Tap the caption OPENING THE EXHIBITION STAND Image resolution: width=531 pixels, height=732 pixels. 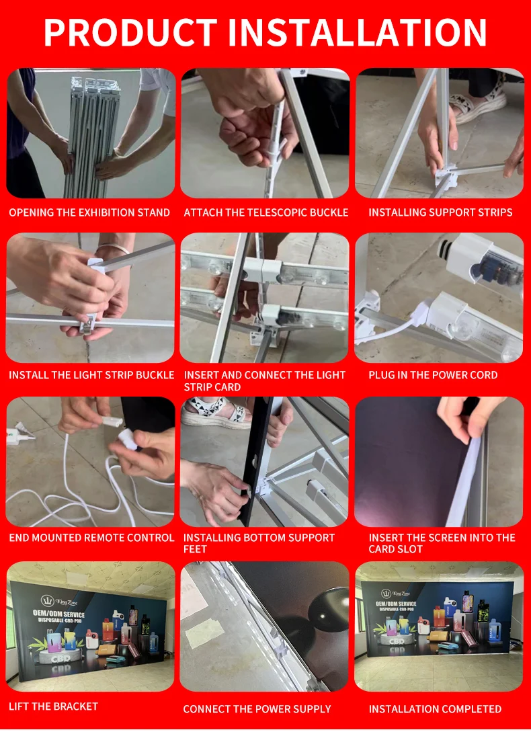click(x=89, y=213)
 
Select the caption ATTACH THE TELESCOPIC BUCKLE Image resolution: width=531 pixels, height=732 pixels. click(x=265, y=213)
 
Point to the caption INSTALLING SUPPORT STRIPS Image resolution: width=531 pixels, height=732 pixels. click(x=440, y=213)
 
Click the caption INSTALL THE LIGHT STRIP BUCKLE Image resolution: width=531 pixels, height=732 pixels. click(x=91, y=375)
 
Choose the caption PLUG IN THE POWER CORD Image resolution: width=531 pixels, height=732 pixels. click(x=433, y=375)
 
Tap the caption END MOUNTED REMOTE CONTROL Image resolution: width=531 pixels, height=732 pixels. click(x=91, y=538)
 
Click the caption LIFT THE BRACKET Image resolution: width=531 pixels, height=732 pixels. click(x=53, y=706)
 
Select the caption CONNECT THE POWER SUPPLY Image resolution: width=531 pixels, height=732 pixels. click(x=257, y=709)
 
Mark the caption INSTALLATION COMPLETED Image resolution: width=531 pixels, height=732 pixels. click(x=435, y=709)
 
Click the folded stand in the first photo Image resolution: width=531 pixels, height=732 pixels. click(x=93, y=135)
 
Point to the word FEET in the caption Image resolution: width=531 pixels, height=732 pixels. click(x=195, y=549)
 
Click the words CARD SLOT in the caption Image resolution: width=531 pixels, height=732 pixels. click(x=396, y=549)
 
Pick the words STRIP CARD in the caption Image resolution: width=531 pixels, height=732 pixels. click(x=212, y=387)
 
